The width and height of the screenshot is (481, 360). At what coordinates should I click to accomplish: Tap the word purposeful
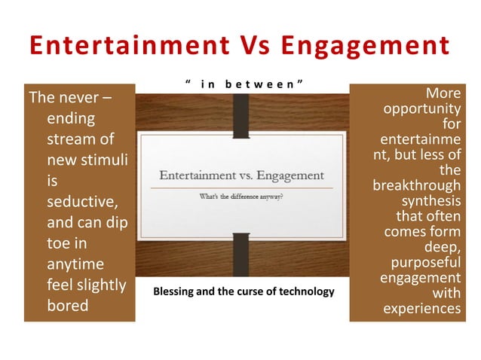[426, 263]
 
